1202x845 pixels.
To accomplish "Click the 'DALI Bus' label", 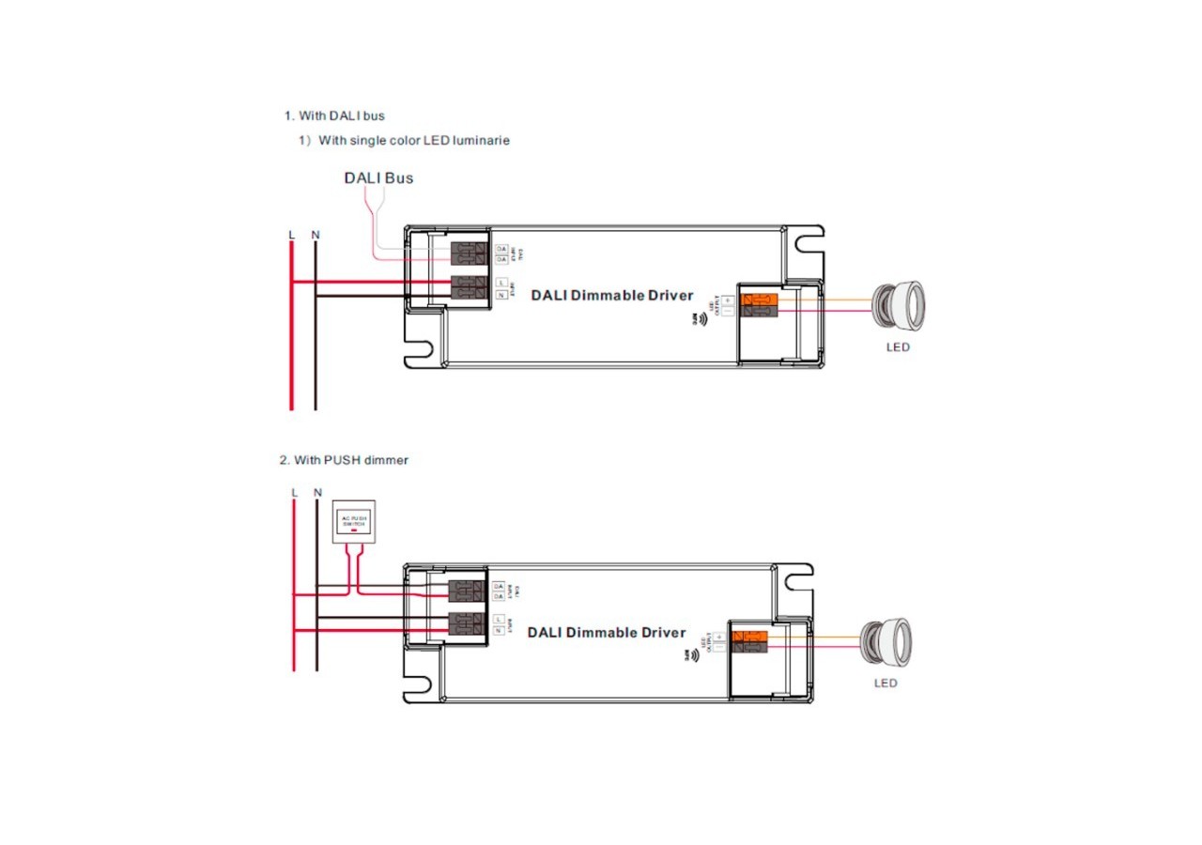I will click(x=378, y=177).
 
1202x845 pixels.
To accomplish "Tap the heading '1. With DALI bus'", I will click(x=334, y=116).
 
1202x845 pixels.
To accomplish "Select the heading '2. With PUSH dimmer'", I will click(x=344, y=460).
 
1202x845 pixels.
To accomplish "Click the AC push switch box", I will click(x=354, y=522).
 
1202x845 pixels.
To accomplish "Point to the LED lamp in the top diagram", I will click(x=899, y=304).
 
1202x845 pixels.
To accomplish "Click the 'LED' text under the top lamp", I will click(x=898, y=347).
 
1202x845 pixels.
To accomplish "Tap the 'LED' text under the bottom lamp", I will click(x=886, y=683).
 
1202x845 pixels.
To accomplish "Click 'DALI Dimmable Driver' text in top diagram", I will click(x=612, y=296).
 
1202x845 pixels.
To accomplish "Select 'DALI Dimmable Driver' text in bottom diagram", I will click(x=607, y=633).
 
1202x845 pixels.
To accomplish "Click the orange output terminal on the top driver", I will click(x=760, y=300).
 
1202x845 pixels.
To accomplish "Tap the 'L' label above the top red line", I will click(x=292, y=235).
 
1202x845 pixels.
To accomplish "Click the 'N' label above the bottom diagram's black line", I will click(x=316, y=492).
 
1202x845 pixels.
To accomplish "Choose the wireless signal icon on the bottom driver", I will click(x=694, y=656).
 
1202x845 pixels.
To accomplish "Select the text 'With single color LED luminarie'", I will click(x=414, y=141).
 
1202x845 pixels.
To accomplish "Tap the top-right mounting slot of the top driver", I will click(x=805, y=245).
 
